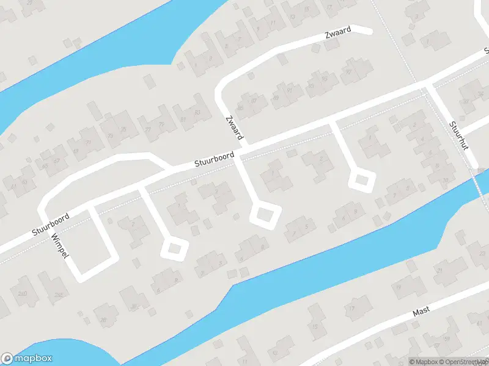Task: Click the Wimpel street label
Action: (x=59, y=245)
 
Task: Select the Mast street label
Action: (x=421, y=311)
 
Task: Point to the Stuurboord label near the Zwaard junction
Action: (x=214, y=160)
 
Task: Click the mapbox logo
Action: (x=27, y=359)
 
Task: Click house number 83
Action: (x=197, y=113)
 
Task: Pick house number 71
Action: (x=88, y=142)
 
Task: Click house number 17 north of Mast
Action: (x=351, y=309)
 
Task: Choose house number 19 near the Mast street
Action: (x=398, y=287)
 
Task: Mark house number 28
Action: (x=103, y=320)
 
